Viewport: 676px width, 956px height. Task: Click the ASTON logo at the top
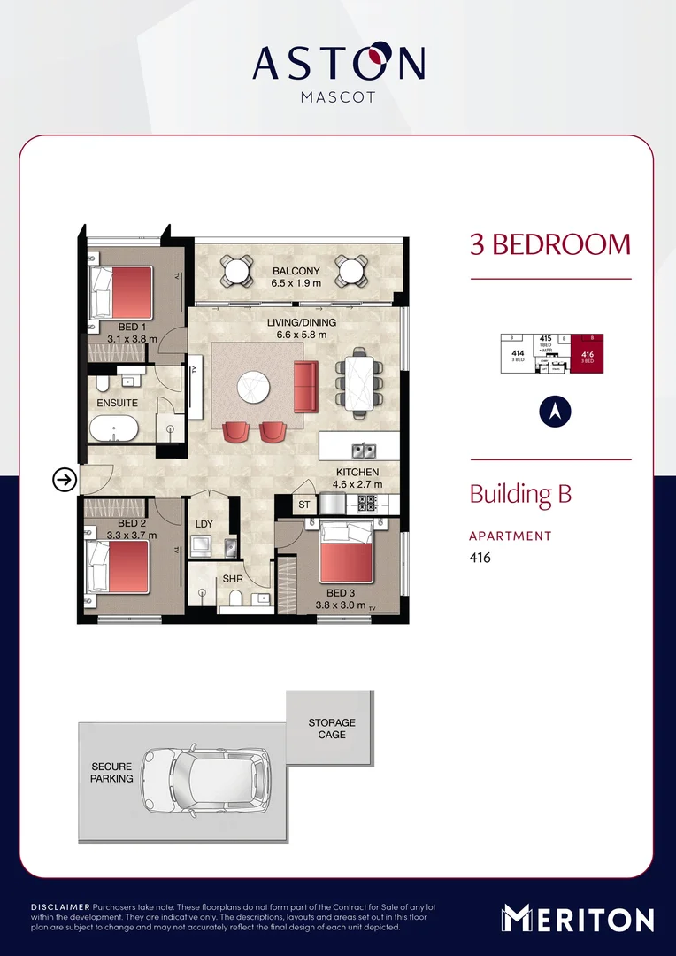click(x=338, y=64)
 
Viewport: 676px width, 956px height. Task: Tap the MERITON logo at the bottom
click(x=578, y=919)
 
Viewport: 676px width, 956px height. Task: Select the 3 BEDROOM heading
click(x=549, y=244)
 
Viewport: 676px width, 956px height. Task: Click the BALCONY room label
click(x=289, y=271)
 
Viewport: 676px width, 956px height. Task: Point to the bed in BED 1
click(x=127, y=293)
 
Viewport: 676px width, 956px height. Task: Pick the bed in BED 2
click(x=119, y=567)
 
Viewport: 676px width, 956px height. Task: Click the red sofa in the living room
click(x=305, y=386)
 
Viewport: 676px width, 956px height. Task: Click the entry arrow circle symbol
click(x=64, y=480)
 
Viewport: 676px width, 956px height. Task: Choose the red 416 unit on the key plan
click(x=588, y=356)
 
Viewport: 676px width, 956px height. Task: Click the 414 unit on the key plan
click(x=518, y=356)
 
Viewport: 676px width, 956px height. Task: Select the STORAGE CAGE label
click(x=332, y=729)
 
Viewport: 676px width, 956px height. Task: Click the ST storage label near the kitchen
click(x=303, y=505)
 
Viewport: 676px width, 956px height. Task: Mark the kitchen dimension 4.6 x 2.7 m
click(x=357, y=484)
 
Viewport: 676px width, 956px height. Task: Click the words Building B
click(x=520, y=494)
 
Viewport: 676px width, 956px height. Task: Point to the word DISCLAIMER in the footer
click(x=60, y=908)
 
